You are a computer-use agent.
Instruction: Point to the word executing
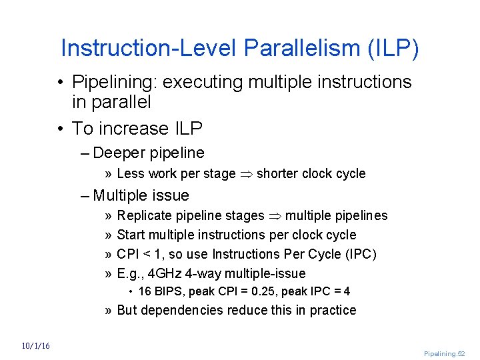click(x=203, y=83)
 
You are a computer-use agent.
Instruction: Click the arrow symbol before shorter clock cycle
click(x=246, y=174)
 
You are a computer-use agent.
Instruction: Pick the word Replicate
click(x=143, y=215)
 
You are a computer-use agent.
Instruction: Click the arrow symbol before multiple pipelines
click(x=275, y=216)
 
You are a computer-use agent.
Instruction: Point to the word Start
click(x=131, y=235)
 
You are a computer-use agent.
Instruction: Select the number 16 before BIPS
click(x=145, y=291)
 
